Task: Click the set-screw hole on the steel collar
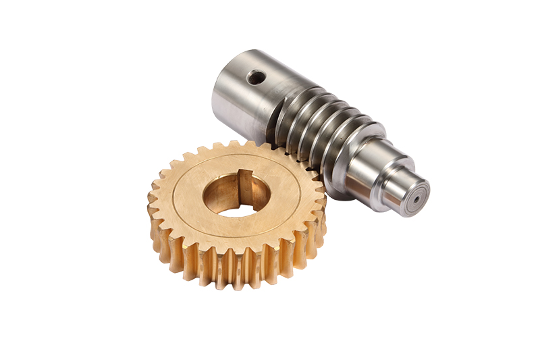[x=256, y=78]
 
